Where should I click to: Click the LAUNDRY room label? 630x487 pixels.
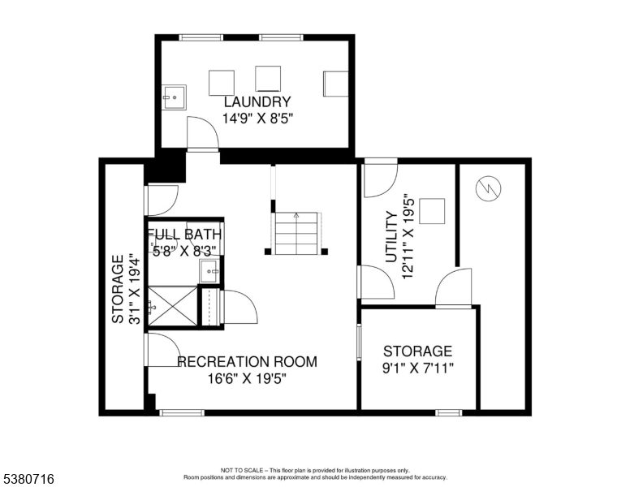point(257,102)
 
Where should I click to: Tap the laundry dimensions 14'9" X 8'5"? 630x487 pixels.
point(258,119)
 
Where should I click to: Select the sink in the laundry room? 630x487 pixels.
point(175,97)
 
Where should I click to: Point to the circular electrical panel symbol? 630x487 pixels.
point(488,188)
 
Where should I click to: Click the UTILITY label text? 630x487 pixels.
point(391,238)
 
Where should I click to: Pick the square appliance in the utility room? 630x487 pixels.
point(432,211)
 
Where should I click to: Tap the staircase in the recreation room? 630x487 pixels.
point(296,234)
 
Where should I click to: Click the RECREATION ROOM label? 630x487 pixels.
point(247,362)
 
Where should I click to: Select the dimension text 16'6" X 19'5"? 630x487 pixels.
point(247,378)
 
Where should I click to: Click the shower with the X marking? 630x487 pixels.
point(173,306)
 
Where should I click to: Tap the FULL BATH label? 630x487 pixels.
point(185,235)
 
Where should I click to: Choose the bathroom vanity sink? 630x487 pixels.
point(209,272)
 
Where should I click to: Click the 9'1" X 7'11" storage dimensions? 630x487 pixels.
point(418,368)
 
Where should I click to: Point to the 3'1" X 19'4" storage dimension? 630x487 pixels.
point(134,288)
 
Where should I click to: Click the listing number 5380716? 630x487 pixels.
point(28,479)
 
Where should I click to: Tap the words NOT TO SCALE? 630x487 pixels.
point(242,470)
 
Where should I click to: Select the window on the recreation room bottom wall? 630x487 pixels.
point(182,412)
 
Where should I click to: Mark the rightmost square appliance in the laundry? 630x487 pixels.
point(336,84)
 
